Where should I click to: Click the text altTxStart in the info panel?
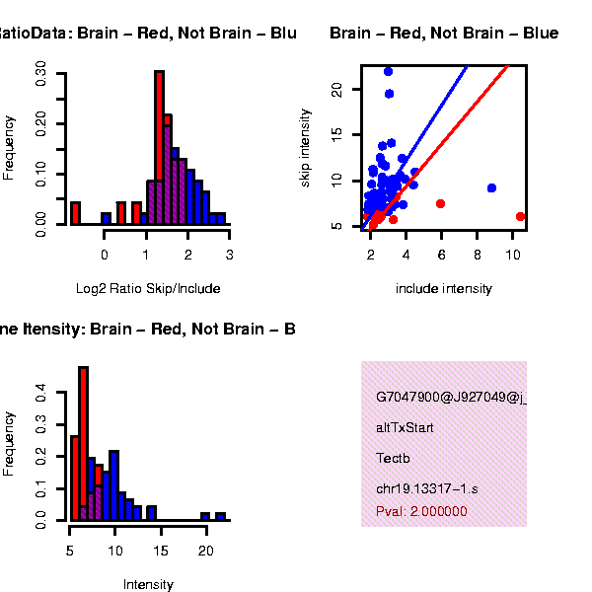pos(405,428)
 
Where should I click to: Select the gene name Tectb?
pos(391,458)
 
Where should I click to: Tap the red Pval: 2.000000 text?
pos(421,511)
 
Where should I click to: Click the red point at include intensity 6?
pos(440,203)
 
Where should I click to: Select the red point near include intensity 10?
pos(520,216)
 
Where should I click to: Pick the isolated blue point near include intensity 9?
pos(491,187)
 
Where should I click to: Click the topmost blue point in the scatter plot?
pos(388,71)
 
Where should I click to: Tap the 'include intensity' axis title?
pos(443,289)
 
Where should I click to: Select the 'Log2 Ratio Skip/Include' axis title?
pos(148,289)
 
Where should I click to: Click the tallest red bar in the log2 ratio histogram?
pos(159,148)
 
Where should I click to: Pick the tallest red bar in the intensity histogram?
pos(84,442)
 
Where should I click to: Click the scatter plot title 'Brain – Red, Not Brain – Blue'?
pos(444,34)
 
